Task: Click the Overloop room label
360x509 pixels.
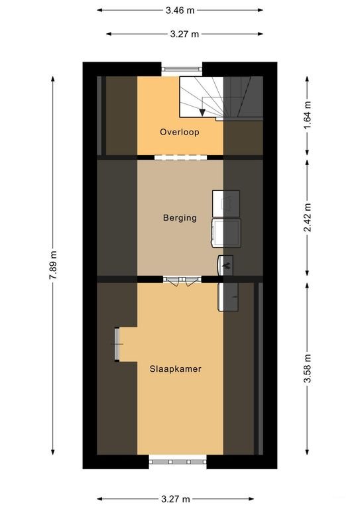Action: coord(180,132)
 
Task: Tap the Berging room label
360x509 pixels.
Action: coord(180,217)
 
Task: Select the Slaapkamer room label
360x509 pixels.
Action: coord(175,369)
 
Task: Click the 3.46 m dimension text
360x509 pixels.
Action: coord(180,10)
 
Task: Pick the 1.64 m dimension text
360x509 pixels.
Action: coord(307,115)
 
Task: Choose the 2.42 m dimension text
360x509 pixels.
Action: coord(307,218)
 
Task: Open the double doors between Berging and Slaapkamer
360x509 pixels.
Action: coord(182,280)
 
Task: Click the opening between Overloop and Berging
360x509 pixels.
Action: coord(180,157)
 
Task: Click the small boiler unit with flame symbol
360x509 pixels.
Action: coord(225,265)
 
